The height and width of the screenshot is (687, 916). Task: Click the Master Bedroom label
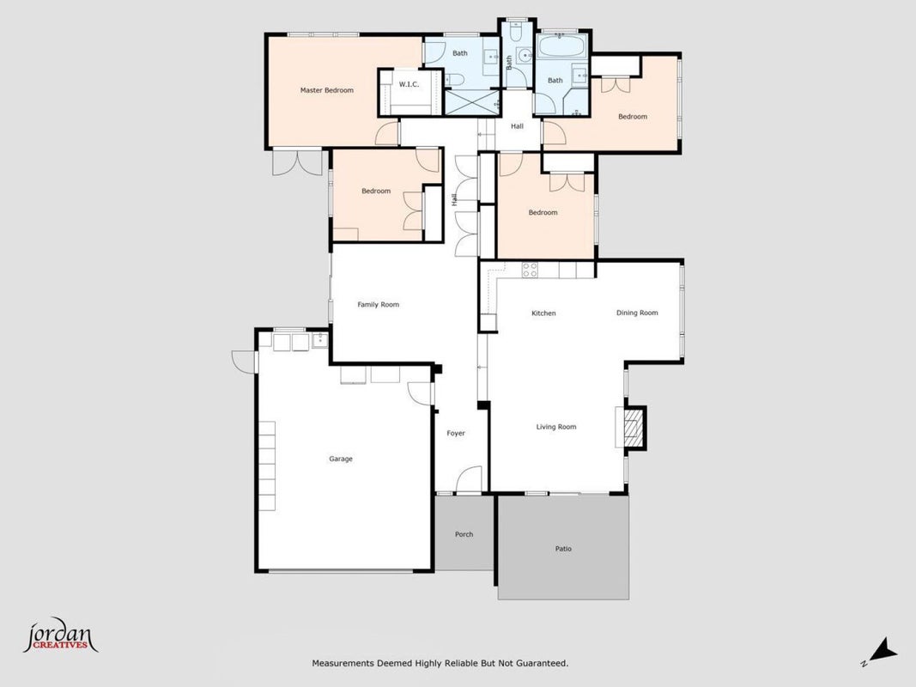point(326,90)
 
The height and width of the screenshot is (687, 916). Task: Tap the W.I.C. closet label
point(409,85)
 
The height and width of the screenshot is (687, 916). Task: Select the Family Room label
point(378,304)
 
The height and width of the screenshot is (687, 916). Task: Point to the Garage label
point(341,459)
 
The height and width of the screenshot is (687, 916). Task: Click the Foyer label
point(456,434)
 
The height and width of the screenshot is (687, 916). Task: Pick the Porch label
point(464,534)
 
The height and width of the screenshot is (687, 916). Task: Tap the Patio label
point(563,549)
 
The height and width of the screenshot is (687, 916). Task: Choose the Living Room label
point(556,427)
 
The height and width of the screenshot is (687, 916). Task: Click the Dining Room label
point(637,313)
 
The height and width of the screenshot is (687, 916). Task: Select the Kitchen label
point(543,313)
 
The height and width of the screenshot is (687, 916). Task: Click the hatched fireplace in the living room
point(633,428)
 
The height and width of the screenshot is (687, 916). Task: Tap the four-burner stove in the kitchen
point(530,270)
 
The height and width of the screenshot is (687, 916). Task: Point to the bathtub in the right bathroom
point(560,45)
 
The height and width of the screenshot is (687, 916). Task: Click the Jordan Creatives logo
point(60,635)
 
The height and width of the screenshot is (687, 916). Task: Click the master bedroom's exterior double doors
point(297,162)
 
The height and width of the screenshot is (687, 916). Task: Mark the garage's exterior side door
point(244,361)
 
